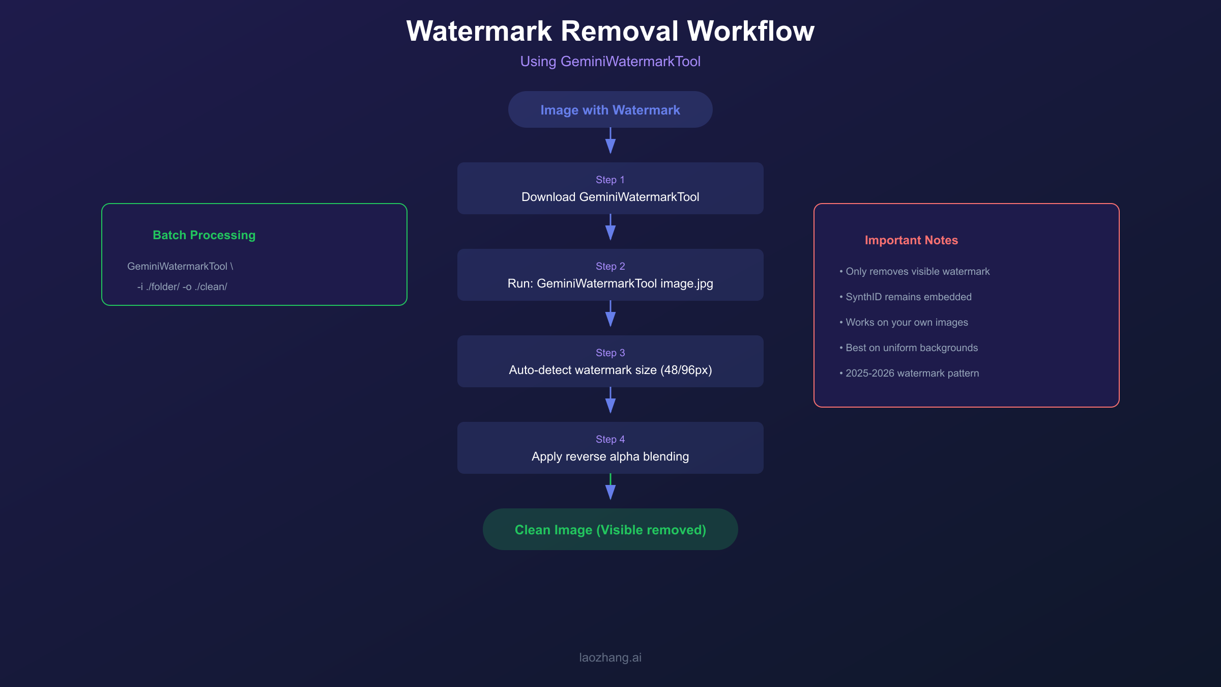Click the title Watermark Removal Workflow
(610, 32)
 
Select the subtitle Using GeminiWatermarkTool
(610, 62)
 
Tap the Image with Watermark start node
(610, 110)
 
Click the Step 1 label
(610, 180)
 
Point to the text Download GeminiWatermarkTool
(610, 197)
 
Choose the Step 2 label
(610, 266)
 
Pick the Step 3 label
(610, 353)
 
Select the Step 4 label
(610, 439)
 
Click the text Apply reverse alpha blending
(610, 456)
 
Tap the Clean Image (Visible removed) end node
(610, 530)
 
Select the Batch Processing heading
(204, 235)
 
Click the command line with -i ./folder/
(182, 287)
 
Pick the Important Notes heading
(911, 240)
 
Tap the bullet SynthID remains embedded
(908, 297)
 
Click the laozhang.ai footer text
(610, 657)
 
